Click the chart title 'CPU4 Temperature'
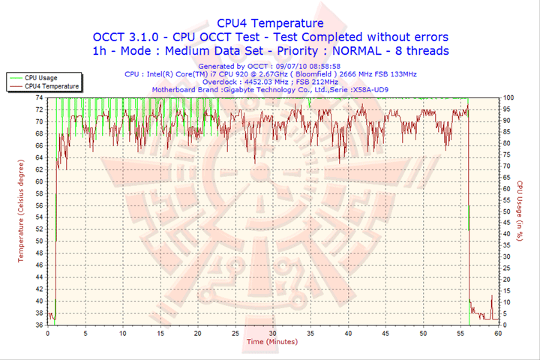[270, 23]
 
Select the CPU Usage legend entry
[40, 77]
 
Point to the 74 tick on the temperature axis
[38, 97]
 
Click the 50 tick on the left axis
[38, 241]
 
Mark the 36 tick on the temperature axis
[38, 325]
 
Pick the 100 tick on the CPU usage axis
[508, 97]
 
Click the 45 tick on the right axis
[507, 223]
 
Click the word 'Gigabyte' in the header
[239, 89]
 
